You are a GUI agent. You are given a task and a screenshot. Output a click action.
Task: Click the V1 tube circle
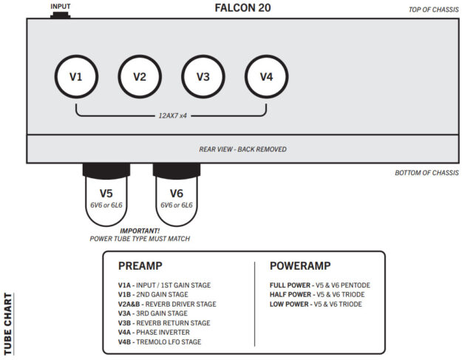[77, 76]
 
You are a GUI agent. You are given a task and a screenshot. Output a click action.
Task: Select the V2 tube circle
[140, 76]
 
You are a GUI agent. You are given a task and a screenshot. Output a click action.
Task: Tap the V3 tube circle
[203, 76]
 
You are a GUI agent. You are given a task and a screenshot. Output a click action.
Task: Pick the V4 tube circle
[266, 76]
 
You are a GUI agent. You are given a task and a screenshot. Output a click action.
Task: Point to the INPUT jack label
[61, 6]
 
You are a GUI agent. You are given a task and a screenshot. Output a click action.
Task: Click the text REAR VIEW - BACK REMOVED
[242, 149]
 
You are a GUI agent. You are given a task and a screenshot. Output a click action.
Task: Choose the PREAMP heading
[140, 265]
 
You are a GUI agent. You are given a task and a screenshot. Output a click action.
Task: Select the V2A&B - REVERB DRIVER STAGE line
[167, 304]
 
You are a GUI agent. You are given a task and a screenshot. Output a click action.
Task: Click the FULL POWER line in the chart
[319, 285]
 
